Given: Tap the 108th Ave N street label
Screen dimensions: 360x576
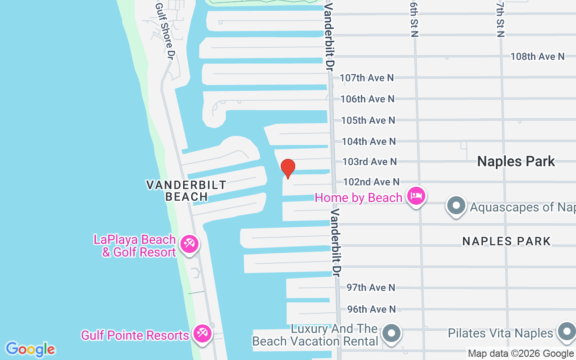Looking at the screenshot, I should pyautogui.click(x=537, y=56).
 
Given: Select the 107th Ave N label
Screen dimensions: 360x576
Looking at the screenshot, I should pyautogui.click(x=366, y=78).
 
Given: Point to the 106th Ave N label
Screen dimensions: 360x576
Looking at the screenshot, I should pyautogui.click(x=367, y=99).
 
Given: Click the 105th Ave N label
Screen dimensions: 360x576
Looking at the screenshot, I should pyautogui.click(x=368, y=120).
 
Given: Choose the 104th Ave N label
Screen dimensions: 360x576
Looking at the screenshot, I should pyautogui.click(x=369, y=141).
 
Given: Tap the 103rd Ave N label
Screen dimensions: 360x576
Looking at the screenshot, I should pyautogui.click(x=369, y=161).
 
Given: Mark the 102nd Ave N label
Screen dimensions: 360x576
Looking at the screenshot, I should pyautogui.click(x=371, y=182).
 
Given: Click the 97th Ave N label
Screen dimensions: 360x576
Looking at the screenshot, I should pyautogui.click(x=371, y=288).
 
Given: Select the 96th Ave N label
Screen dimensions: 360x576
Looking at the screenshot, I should pyautogui.click(x=371, y=309).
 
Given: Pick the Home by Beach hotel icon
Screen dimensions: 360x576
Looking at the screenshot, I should pyautogui.click(x=416, y=196).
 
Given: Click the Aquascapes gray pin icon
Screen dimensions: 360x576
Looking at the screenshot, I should pyautogui.click(x=456, y=206).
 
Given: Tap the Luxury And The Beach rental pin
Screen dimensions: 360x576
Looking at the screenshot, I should pyautogui.click(x=391, y=334).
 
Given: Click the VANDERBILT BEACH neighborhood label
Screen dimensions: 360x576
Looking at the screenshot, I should pyautogui.click(x=186, y=191).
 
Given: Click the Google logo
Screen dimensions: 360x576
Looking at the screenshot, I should pyautogui.click(x=30, y=349).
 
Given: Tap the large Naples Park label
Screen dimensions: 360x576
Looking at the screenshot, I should pyautogui.click(x=516, y=161).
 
